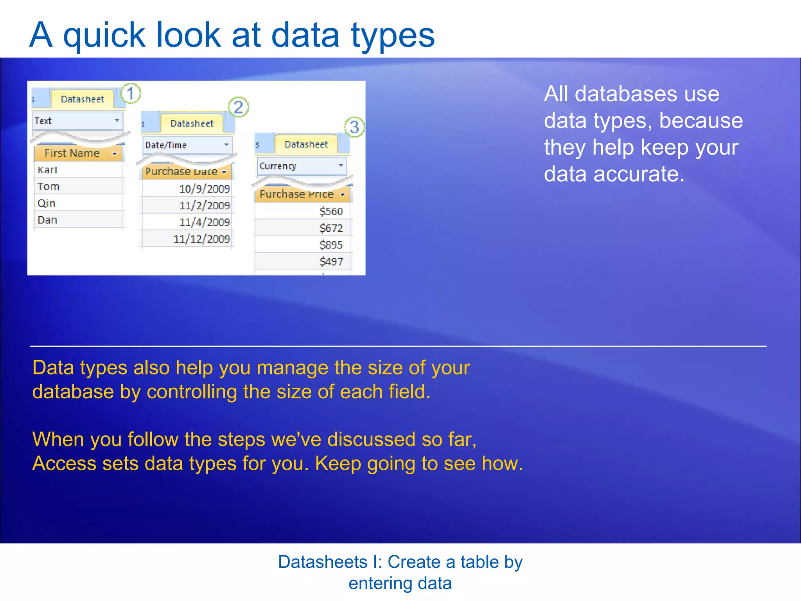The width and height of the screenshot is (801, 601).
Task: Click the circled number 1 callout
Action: point(130,94)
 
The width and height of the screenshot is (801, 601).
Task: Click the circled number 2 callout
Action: point(238,107)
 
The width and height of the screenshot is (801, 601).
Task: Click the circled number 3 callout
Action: point(354,127)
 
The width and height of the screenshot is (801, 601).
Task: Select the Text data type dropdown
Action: point(77,121)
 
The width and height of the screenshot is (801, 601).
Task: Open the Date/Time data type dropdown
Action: point(187,145)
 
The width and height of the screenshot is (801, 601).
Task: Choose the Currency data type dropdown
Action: point(301,166)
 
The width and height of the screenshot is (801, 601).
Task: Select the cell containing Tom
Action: point(48,187)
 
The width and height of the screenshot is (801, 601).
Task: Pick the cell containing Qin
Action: point(47,203)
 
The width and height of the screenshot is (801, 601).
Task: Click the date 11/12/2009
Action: point(201,239)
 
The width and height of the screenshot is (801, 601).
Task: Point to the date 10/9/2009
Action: point(204,189)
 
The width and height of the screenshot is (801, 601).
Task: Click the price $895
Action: point(331,245)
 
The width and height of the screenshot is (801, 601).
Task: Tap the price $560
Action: point(331,212)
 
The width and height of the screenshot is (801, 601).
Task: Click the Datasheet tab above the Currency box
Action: point(306,144)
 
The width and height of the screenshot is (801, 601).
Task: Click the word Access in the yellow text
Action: point(64,464)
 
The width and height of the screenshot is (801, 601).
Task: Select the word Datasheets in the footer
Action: point(323,562)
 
